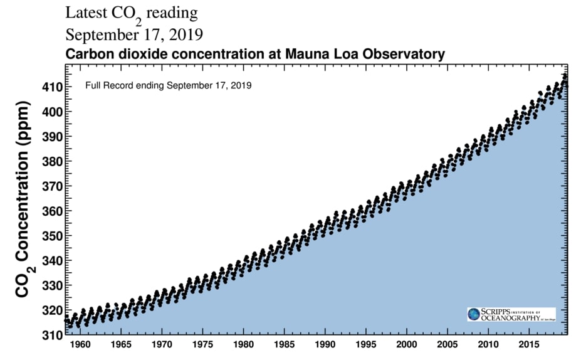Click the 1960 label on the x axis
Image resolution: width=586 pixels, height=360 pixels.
pyautogui.click(x=80, y=344)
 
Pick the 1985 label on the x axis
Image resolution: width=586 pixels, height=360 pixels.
pyautogui.click(x=284, y=344)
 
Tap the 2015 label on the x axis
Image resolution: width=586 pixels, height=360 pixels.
pyautogui.click(x=528, y=344)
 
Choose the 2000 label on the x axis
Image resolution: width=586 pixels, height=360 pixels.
pyautogui.click(x=406, y=344)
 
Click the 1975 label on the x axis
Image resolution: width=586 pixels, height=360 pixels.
pyautogui.click(x=202, y=344)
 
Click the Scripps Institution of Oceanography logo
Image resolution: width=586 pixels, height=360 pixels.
pyautogui.click(x=511, y=314)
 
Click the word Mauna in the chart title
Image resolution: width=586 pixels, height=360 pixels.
pyautogui.click(x=303, y=54)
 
